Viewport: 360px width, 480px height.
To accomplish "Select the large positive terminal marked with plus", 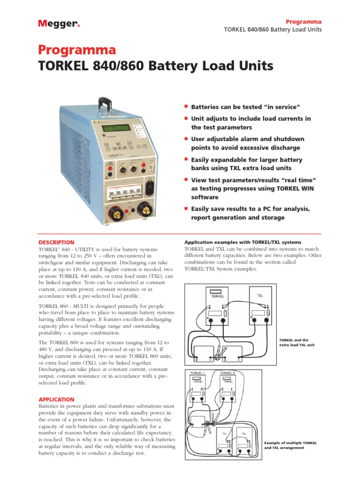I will (113, 214).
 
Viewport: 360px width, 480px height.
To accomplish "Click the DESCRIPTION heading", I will (56, 242).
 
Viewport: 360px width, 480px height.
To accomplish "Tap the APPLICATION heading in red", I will (56, 399).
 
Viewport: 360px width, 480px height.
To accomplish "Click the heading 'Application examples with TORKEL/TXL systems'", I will (243, 242).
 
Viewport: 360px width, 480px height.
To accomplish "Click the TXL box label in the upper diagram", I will (260, 296).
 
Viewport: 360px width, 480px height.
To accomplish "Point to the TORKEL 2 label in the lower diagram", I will (227, 373).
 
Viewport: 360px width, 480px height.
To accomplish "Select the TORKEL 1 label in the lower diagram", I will (197, 373).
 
